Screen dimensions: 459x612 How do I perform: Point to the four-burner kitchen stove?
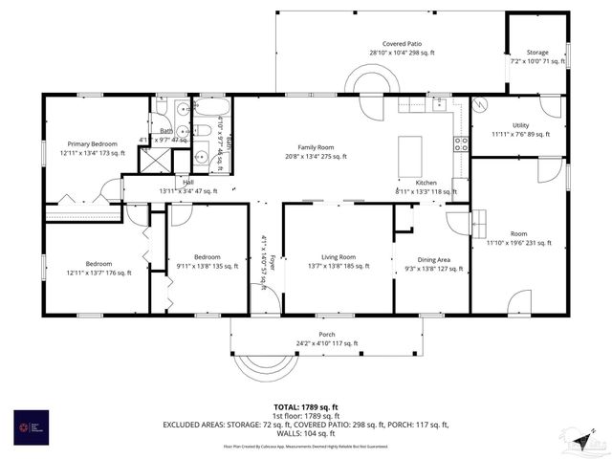point(461,144)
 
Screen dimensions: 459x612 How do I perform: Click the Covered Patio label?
point(402,44)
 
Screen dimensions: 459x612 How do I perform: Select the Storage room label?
point(537,53)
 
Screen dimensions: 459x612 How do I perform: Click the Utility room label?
point(520,125)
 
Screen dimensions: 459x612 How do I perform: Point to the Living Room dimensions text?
point(339,267)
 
